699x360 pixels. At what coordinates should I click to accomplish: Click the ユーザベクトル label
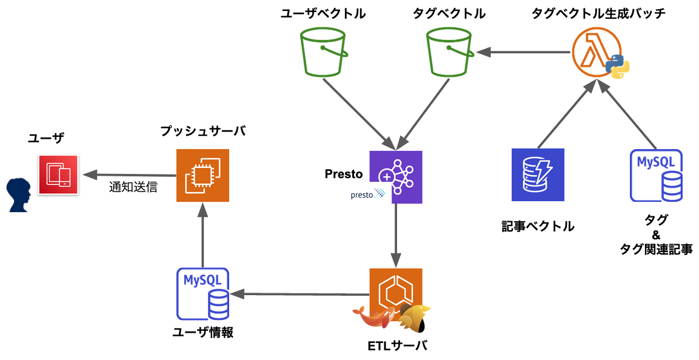pos(323,13)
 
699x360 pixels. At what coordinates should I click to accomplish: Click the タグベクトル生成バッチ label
pos(598,13)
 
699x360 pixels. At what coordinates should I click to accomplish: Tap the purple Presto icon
pos(396,176)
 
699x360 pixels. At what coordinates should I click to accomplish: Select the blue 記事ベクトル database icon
pos(538,175)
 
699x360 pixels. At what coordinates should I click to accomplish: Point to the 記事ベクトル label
pos(538,227)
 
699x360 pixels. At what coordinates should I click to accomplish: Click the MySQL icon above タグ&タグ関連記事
pos(656,175)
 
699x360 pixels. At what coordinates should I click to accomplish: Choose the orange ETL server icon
pos(396,295)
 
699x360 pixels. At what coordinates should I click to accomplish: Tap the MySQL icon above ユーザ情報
pos(202,294)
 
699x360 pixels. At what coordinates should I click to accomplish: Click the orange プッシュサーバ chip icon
pos(202,175)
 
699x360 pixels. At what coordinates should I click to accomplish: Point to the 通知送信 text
pos(133,187)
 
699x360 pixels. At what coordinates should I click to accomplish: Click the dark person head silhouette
pos(20,195)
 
